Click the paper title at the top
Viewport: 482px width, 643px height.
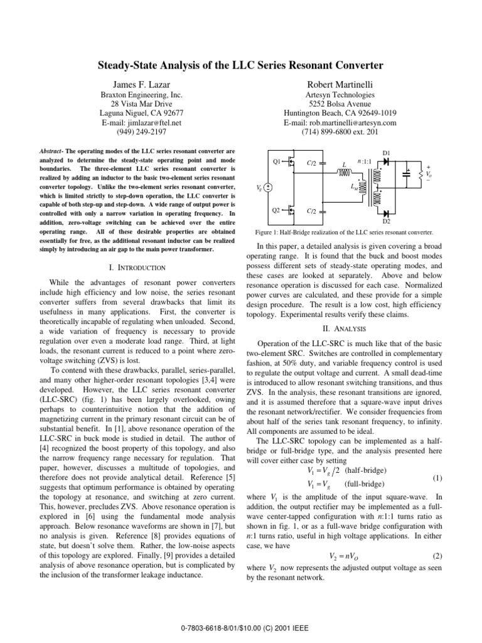pos(241,65)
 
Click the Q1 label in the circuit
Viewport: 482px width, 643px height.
pos(276,162)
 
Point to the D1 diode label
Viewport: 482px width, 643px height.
pos(386,153)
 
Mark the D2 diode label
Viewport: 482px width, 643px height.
pos(386,222)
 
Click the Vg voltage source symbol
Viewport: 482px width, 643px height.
pos(267,187)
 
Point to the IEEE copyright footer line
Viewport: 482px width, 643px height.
pos(241,627)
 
